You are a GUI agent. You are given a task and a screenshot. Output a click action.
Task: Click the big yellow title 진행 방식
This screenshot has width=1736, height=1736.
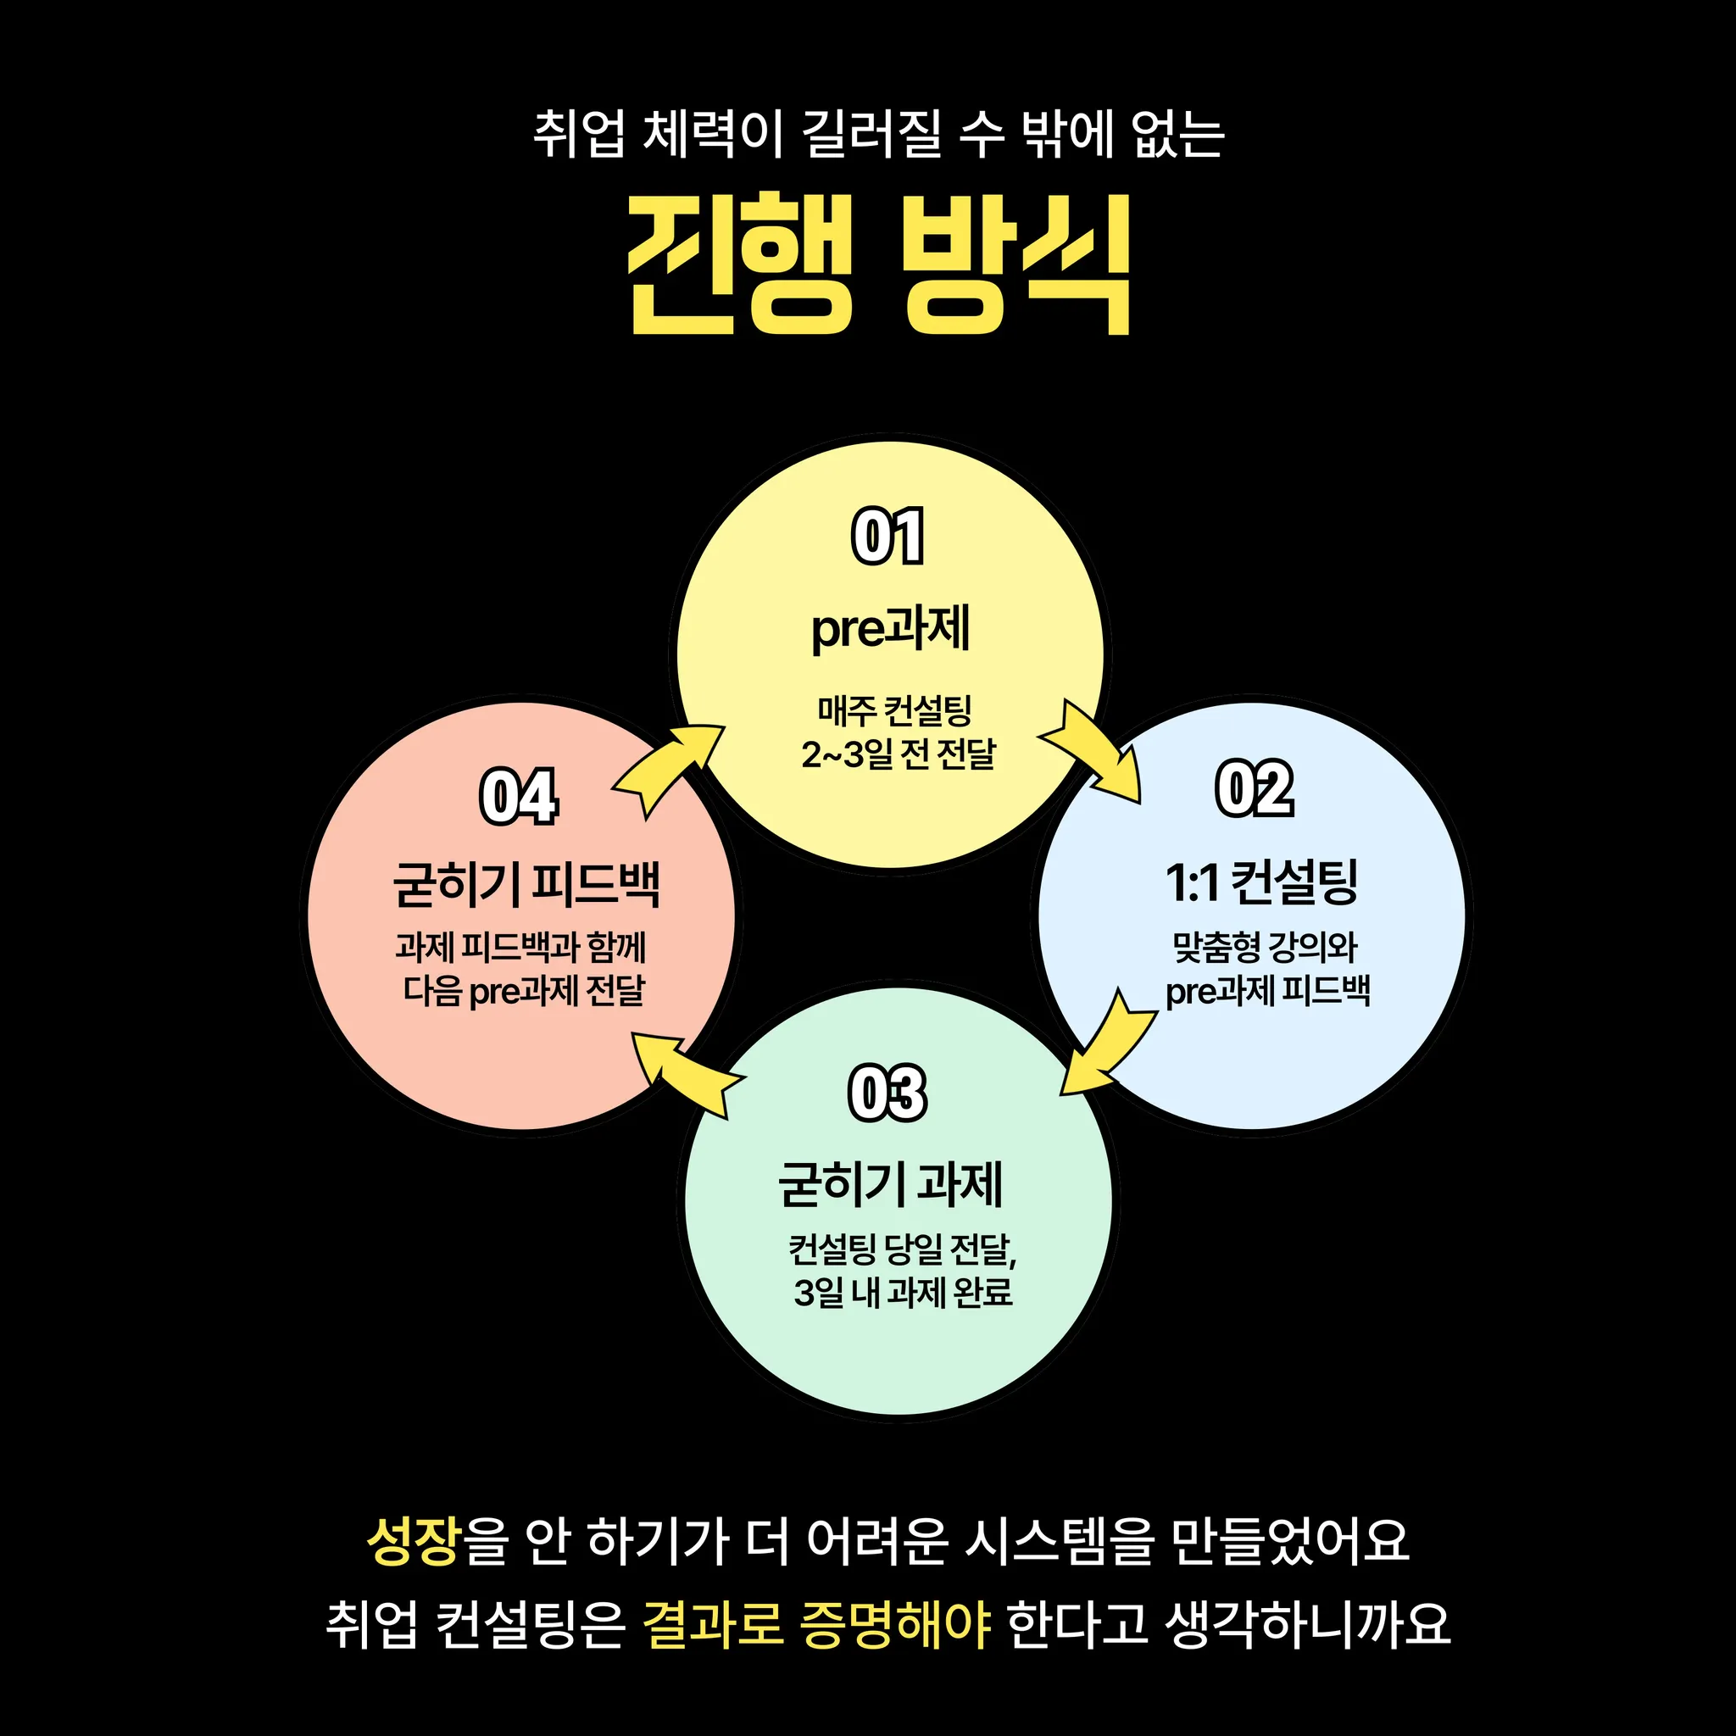click(879, 264)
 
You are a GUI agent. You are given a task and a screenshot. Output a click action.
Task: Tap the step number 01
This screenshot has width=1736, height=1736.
click(887, 537)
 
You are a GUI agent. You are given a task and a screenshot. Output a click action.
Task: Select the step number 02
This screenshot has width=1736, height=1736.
click(1255, 789)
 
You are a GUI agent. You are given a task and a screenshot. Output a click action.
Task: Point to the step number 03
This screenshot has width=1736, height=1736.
click(887, 1093)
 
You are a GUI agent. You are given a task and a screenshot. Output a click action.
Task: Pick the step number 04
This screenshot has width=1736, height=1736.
click(519, 796)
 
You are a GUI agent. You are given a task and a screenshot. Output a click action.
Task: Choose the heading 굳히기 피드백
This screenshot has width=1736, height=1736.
click(526, 884)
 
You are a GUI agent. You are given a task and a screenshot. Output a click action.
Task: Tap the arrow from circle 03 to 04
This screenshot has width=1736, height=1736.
click(685, 1071)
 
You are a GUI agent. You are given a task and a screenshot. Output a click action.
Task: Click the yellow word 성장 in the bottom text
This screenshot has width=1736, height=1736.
click(415, 1542)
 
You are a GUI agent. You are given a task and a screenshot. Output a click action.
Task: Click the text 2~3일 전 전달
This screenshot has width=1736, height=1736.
click(899, 754)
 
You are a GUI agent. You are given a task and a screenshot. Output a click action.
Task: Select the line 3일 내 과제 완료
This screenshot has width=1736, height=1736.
click(903, 1292)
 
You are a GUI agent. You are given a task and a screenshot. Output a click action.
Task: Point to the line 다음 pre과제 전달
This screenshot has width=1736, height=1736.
click(524, 991)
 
